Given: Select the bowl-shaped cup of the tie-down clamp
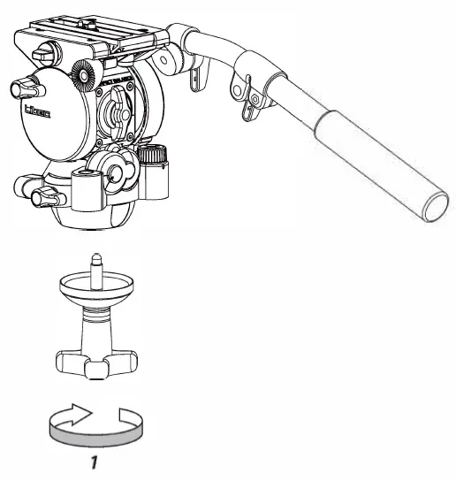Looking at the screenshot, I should click(95, 292).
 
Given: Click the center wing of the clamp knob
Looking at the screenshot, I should click(95, 362).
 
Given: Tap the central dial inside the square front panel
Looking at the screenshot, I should click(114, 111).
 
